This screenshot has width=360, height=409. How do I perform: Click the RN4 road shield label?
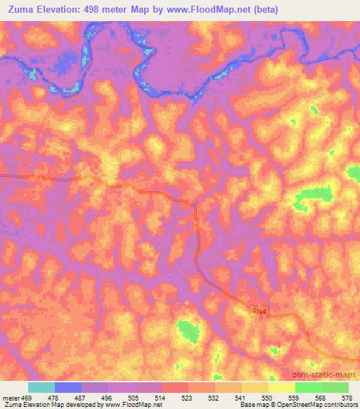pos(259,310)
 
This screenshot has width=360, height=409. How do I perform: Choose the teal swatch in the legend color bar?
pos(41,387)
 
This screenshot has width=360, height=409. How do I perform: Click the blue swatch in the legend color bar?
pos(68,387)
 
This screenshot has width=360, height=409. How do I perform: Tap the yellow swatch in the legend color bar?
pos(282,387)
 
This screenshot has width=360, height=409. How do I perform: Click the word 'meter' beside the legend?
pos(10,397)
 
